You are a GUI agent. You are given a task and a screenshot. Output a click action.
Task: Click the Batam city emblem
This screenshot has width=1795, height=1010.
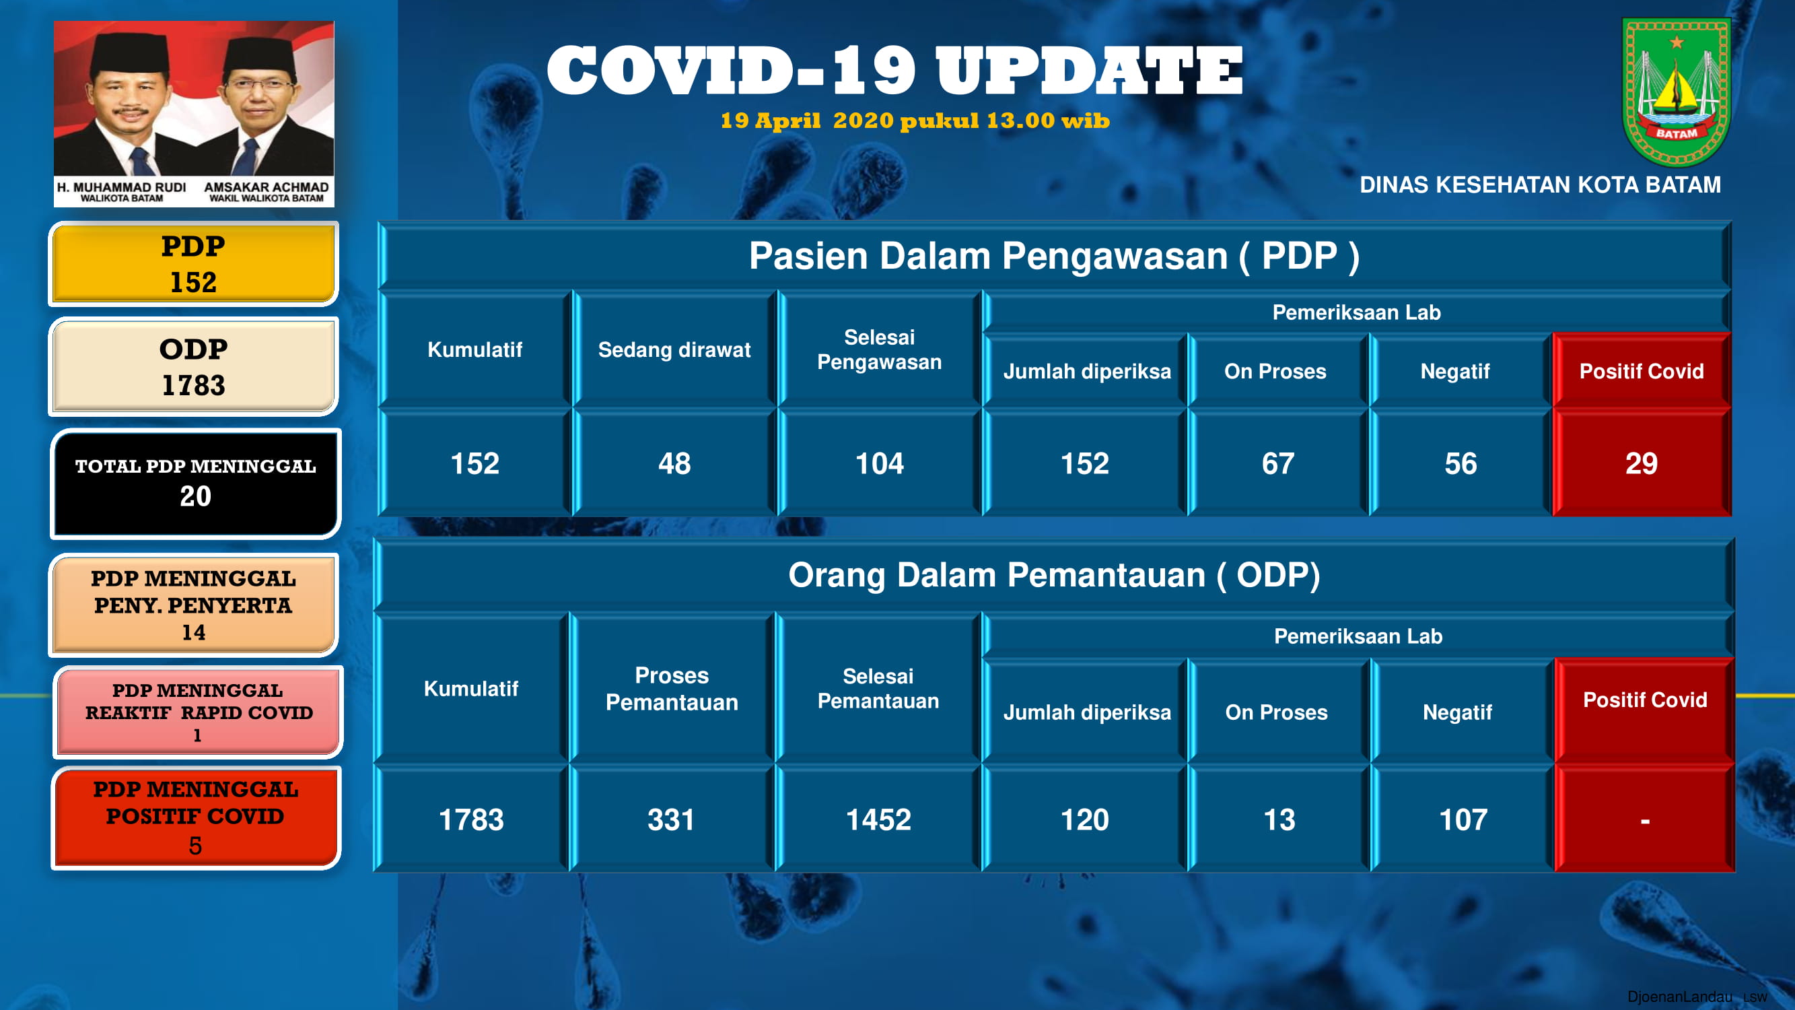[1676, 92]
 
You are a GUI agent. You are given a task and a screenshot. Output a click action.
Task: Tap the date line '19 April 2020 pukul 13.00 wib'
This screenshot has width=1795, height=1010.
[915, 121]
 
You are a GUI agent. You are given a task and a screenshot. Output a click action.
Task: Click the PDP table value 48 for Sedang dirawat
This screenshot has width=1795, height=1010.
[674, 463]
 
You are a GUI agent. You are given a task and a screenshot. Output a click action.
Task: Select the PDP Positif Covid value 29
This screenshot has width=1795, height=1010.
[1641, 463]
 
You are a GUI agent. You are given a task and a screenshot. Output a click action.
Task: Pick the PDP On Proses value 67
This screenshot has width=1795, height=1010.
[1278, 463]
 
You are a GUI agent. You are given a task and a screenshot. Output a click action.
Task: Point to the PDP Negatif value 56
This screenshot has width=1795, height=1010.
[1460, 463]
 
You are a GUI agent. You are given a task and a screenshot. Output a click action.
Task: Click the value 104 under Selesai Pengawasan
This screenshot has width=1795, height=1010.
[880, 463]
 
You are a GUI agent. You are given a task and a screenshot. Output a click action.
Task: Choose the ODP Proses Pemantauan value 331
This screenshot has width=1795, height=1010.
[671, 819]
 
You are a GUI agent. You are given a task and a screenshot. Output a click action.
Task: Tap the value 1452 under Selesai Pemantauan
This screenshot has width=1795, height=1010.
[878, 819]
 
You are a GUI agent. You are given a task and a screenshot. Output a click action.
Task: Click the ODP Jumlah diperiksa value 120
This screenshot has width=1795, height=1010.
[1084, 819]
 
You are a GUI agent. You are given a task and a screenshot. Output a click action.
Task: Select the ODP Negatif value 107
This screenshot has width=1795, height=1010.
[1463, 819]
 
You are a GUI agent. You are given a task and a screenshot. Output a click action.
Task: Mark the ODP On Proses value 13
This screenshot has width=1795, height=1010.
[1279, 819]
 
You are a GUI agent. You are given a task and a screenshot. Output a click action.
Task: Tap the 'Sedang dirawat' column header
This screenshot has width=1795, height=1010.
[674, 350]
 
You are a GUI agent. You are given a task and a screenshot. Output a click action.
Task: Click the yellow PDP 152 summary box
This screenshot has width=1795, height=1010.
[193, 264]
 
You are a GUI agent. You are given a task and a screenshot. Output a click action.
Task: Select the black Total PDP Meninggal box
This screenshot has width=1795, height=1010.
[196, 483]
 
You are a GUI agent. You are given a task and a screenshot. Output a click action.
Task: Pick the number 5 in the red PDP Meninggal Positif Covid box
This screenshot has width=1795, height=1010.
[195, 846]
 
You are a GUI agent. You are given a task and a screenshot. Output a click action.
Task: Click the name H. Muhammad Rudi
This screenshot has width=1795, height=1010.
[121, 187]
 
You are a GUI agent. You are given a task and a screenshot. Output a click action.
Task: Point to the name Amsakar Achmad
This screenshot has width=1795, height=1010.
[266, 187]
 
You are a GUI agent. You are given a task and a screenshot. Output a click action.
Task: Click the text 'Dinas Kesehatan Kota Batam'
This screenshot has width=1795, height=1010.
[1540, 184]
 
